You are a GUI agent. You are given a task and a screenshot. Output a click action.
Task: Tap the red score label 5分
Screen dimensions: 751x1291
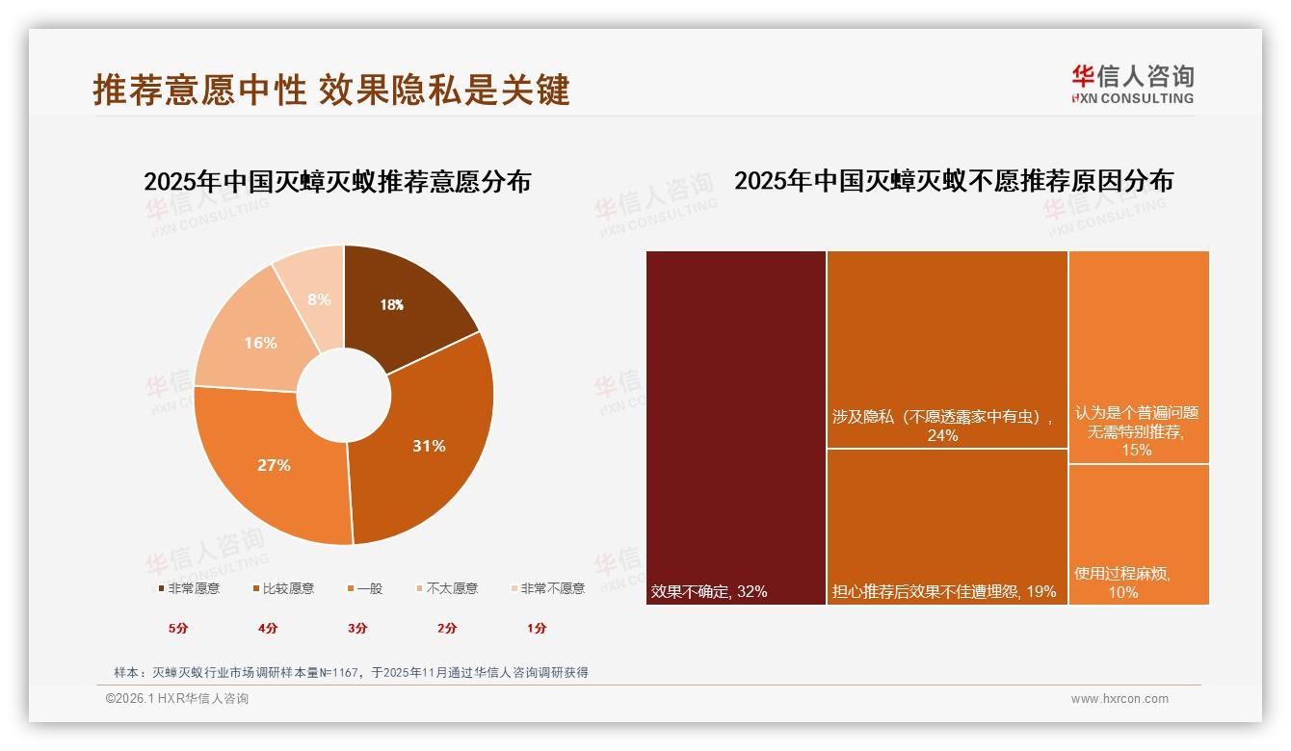click(x=179, y=628)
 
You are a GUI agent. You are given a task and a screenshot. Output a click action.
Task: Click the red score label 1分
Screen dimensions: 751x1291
click(x=537, y=628)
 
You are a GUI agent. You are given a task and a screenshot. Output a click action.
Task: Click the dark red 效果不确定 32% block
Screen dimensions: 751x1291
click(x=735, y=427)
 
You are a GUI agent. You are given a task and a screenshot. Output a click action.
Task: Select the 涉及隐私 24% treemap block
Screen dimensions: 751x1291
click(x=946, y=349)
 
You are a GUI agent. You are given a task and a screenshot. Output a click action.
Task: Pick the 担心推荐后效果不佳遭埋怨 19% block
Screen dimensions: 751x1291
click(x=946, y=526)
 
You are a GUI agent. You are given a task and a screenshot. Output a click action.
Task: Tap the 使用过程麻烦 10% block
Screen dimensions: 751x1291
click(x=1138, y=534)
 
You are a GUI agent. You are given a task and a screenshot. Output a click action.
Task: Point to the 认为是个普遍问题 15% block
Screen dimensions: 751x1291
click(x=1138, y=356)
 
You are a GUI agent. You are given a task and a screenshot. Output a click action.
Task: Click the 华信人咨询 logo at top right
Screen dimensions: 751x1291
click(x=1132, y=84)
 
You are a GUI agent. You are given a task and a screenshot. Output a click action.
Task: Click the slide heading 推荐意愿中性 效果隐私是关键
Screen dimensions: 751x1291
click(x=331, y=90)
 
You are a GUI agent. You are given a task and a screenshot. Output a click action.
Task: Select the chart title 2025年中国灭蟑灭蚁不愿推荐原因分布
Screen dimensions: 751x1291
click(x=953, y=181)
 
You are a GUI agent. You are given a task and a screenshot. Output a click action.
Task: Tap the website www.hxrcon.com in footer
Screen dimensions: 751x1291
click(x=1119, y=699)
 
